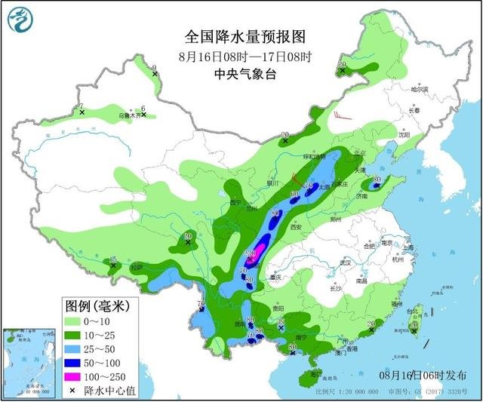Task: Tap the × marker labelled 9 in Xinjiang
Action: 155,73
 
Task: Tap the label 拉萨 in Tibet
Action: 135,266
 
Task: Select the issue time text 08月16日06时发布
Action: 422,375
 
